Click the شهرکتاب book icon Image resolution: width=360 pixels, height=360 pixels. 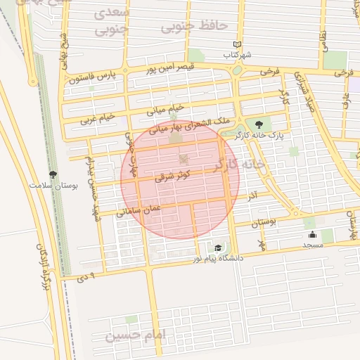(x=237, y=44)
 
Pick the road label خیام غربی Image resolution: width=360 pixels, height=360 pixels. (x=97, y=120)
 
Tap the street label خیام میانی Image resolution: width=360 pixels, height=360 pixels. (x=165, y=109)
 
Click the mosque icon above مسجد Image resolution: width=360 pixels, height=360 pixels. (x=312, y=235)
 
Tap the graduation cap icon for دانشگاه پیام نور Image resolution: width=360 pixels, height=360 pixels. (x=218, y=248)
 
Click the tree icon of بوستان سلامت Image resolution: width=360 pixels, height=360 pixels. (x=53, y=174)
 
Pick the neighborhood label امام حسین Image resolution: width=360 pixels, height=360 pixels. (x=134, y=335)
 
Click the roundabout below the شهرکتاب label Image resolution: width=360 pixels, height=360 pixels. (x=237, y=70)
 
